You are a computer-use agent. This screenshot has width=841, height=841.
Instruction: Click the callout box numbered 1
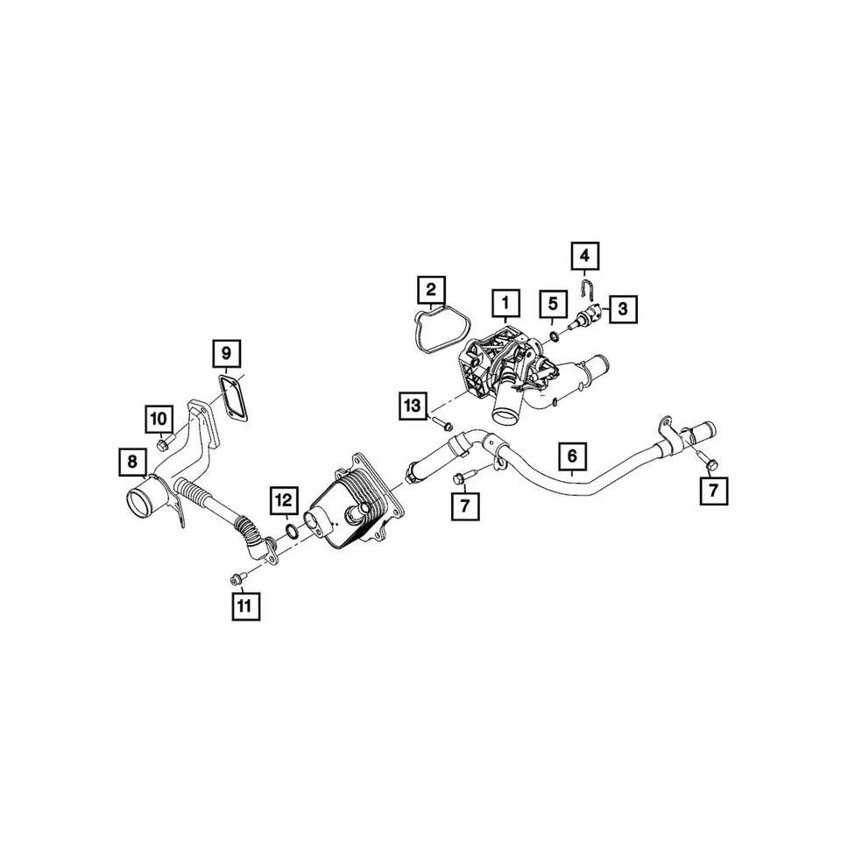(505, 303)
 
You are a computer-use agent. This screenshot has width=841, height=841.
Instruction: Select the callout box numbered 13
(413, 406)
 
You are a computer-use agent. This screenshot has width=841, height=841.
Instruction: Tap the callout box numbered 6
(571, 456)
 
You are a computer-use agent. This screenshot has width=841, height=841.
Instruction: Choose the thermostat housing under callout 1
(499, 368)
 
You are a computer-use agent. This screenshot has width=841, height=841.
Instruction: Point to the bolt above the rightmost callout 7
(708, 461)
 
